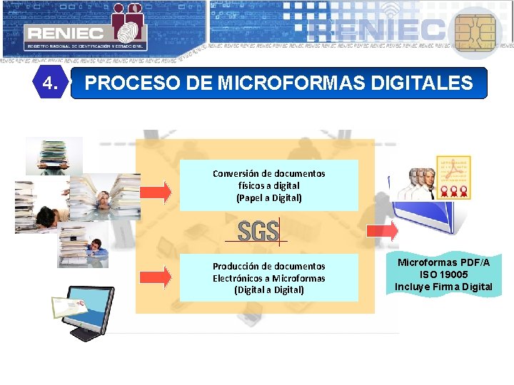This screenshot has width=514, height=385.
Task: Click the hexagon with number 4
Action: click(50, 83)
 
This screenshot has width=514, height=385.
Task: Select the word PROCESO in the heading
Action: click(124, 83)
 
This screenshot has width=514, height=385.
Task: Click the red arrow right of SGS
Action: click(382, 230)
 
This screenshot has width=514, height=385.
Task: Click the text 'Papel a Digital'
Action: click(268, 198)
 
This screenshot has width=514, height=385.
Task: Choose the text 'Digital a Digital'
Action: click(268, 290)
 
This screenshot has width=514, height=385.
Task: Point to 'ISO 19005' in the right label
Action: click(443, 274)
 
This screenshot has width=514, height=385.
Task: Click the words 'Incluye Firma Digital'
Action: click(443, 287)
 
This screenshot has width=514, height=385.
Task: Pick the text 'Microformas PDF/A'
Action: click(443, 262)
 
